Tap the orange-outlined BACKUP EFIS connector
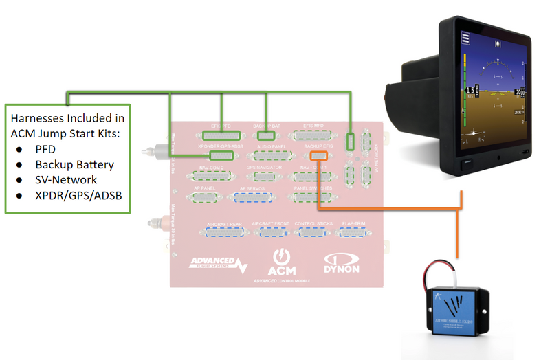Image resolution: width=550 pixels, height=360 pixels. pos(317,156)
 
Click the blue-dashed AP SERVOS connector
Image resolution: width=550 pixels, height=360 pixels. pos(252,199)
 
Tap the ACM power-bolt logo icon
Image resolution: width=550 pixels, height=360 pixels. pos(281,256)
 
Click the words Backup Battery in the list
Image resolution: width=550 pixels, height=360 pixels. pos(74,164)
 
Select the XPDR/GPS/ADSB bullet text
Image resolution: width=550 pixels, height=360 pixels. pos(80,196)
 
